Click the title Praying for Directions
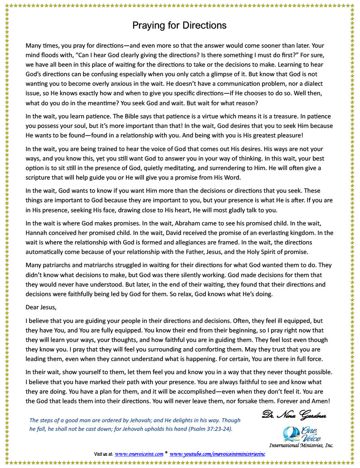[x=180, y=25]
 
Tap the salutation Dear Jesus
[x=41, y=307]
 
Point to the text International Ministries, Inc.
[x=301, y=445]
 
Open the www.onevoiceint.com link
[x=139, y=453]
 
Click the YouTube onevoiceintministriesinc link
[x=217, y=453]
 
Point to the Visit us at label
[x=104, y=454]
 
